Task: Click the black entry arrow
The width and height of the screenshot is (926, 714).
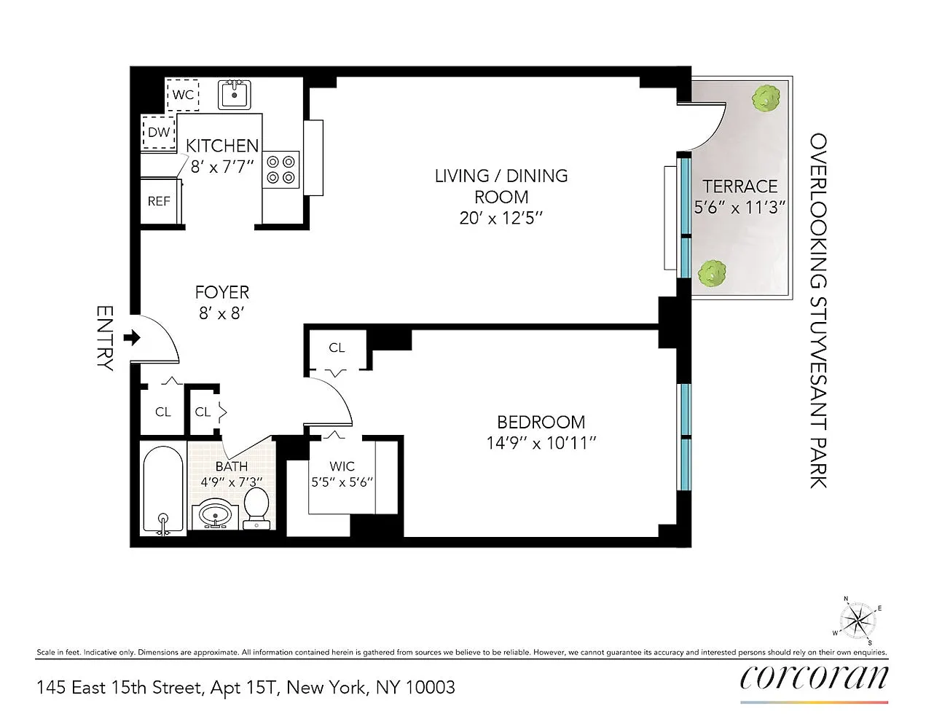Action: coord(132,338)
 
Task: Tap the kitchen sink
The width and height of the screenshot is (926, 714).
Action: coord(235,95)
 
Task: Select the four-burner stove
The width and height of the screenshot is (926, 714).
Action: coord(280,169)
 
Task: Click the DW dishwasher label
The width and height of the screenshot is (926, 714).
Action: coord(159,132)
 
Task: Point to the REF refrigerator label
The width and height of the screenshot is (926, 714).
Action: coord(159,201)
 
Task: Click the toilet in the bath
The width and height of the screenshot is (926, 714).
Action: coord(256,509)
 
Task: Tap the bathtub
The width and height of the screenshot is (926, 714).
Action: coord(163,490)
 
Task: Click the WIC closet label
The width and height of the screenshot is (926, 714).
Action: coord(342,466)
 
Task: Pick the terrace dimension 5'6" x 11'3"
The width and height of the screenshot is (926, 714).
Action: coord(739,208)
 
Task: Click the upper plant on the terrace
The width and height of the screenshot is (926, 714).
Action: coord(766,98)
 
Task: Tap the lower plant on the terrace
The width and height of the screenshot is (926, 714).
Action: coord(712,273)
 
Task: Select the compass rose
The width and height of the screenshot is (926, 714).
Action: coord(858,620)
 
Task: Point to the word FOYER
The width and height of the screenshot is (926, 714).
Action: coord(222,293)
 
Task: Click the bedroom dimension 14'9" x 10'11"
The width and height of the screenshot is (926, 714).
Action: coord(541,444)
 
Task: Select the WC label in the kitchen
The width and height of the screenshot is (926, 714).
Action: coord(184,95)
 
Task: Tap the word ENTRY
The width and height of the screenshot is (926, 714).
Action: coord(105,338)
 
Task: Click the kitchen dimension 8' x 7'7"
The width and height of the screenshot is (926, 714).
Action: coord(222,167)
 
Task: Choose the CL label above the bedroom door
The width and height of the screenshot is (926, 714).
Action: coord(337,348)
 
